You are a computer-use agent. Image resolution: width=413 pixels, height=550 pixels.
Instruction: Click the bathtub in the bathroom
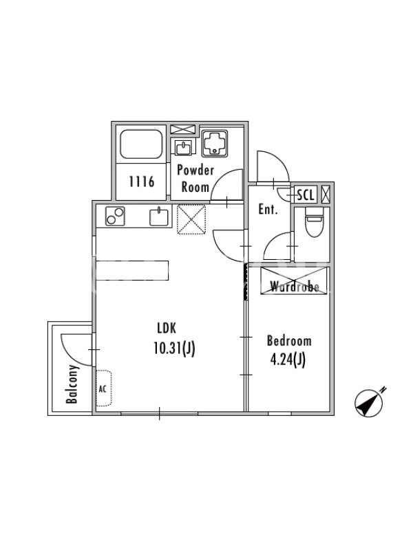coord(141,144)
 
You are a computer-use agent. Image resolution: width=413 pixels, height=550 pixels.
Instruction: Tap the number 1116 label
coord(142,181)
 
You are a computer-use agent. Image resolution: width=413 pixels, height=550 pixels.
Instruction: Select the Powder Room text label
coord(195,179)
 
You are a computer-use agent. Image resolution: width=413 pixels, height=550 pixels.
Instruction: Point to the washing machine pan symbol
coord(214,144)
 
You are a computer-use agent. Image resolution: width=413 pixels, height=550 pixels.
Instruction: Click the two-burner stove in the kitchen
coord(115,216)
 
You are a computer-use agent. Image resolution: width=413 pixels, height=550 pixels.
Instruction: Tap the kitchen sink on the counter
coord(160,217)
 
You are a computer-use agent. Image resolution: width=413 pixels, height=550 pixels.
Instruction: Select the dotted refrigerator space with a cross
coord(191,219)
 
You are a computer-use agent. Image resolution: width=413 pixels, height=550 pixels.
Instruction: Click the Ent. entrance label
coord(268,210)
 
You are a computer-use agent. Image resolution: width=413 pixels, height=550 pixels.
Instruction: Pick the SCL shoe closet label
coord(306,195)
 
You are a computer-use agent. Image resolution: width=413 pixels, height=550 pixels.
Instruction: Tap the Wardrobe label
coord(295,287)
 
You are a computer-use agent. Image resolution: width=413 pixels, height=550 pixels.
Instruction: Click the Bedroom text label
coord(289,340)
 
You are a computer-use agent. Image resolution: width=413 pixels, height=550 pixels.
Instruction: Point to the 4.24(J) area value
coord(288,360)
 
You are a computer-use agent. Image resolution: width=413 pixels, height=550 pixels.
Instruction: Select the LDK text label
coord(167,329)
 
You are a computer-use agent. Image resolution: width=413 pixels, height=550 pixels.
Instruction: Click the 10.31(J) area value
coord(174,349)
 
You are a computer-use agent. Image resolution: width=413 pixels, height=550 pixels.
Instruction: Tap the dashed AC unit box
coord(104,388)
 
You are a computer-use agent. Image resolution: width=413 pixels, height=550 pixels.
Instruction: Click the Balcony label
coord(72,384)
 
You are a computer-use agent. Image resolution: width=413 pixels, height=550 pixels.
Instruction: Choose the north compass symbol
coord(369,403)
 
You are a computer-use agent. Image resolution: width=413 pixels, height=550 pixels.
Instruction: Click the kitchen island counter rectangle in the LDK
coord(132,270)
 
